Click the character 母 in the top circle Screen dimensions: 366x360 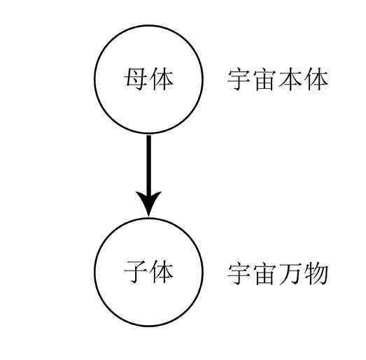(x=136, y=79)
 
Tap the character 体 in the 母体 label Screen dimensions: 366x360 (x=162, y=79)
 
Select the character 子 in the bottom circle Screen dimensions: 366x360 (x=136, y=272)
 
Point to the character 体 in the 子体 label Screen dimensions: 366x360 (x=162, y=272)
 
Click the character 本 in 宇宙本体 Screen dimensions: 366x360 (x=290, y=79)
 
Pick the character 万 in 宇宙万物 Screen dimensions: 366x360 (x=290, y=274)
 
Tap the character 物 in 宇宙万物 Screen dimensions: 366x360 (x=316, y=274)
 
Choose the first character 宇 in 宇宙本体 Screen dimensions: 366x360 (x=239, y=79)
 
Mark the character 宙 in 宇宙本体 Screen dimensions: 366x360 (x=265, y=79)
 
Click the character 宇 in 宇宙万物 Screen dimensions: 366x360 (x=239, y=274)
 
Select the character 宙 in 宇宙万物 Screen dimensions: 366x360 (x=265, y=274)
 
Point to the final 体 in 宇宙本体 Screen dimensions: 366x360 (x=316, y=79)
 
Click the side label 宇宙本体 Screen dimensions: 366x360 (x=278, y=79)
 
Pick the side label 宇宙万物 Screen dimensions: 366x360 (x=278, y=274)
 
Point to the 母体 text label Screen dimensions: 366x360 (x=148, y=79)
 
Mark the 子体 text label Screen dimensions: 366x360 (x=148, y=272)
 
